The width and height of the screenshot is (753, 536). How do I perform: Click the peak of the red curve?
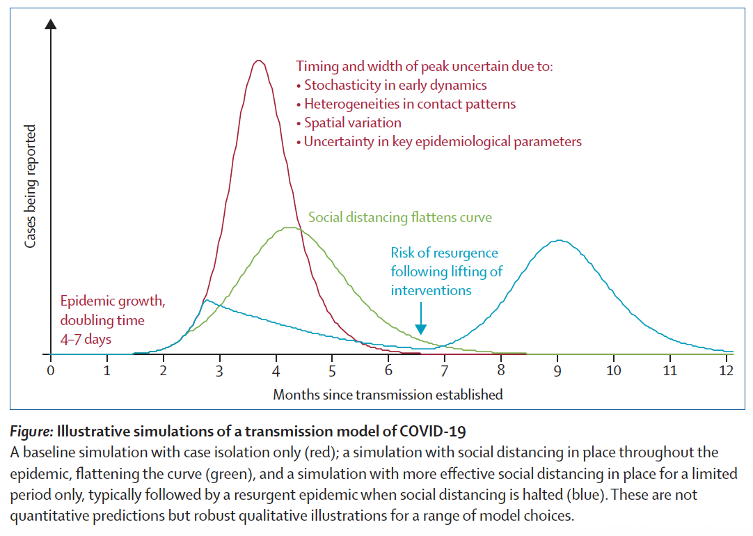click(x=259, y=61)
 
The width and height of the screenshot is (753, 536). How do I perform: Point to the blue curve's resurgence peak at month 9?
click(x=560, y=241)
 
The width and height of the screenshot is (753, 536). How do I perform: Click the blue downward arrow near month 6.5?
click(x=420, y=329)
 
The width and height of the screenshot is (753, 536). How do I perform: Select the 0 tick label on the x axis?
click(x=50, y=370)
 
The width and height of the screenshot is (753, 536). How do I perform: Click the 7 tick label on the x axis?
click(x=444, y=370)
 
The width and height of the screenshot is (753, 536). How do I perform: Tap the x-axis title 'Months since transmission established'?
click(x=388, y=395)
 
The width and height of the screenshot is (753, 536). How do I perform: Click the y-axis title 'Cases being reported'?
click(x=31, y=186)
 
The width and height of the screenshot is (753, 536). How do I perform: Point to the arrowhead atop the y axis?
click(x=50, y=24)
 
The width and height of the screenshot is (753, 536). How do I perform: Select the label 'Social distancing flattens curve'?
click(x=400, y=217)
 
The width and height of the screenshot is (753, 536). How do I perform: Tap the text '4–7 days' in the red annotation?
click(x=86, y=339)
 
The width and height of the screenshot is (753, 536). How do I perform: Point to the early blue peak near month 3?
click(x=206, y=300)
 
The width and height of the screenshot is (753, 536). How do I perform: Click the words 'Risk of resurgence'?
click(x=444, y=253)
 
